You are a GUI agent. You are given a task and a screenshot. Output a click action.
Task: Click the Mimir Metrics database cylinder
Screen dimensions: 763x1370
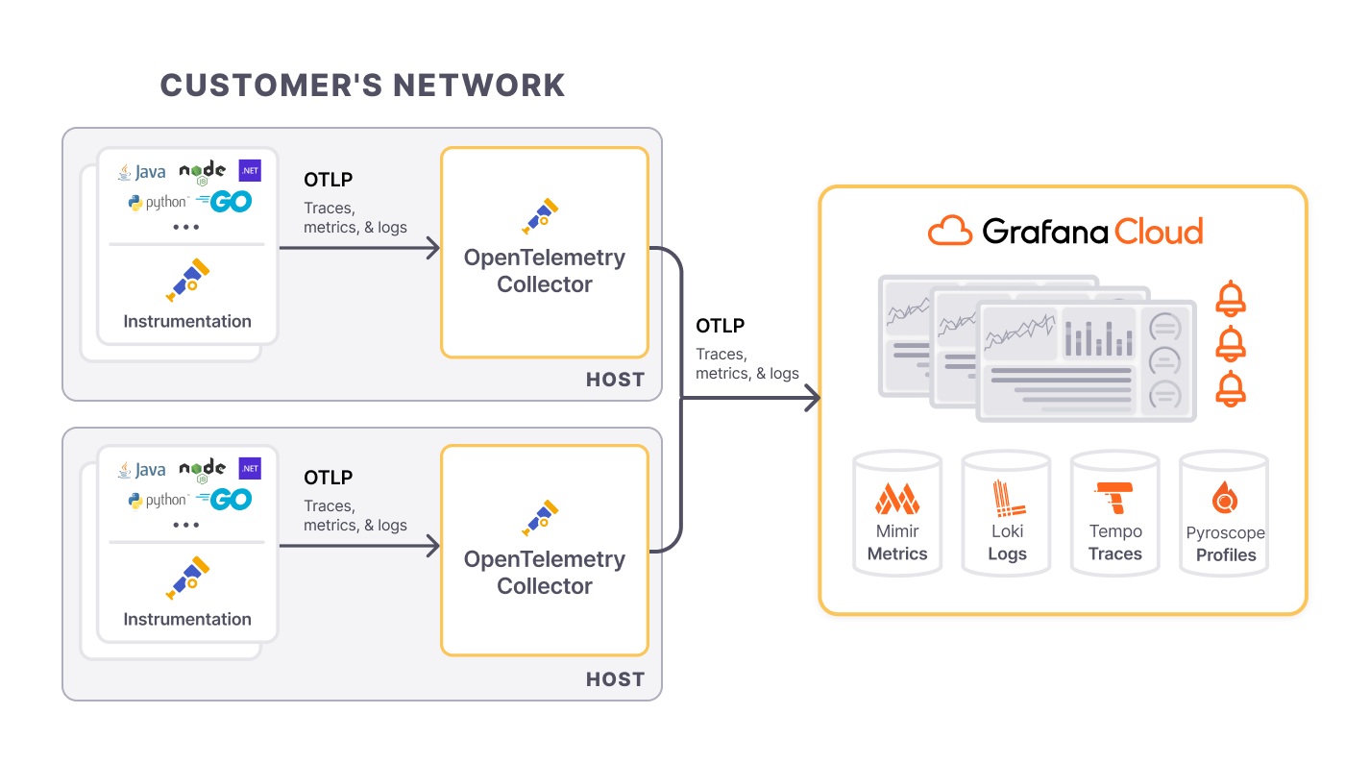[897, 514]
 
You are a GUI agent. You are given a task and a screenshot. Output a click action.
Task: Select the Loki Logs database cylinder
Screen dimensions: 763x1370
[1007, 514]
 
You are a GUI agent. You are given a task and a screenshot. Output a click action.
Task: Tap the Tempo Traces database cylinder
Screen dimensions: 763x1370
[1115, 514]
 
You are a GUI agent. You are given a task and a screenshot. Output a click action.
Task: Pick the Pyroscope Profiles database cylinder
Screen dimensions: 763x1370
[1224, 514]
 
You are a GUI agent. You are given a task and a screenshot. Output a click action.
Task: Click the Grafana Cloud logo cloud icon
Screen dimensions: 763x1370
[950, 232]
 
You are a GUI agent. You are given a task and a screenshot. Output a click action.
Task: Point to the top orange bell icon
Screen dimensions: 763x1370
[1231, 299]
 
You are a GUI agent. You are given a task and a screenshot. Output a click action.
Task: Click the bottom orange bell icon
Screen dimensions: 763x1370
[1231, 389]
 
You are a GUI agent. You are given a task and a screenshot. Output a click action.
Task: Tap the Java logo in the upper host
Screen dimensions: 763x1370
[141, 172]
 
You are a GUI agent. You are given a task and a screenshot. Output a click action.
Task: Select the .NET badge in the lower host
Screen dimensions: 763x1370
[250, 469]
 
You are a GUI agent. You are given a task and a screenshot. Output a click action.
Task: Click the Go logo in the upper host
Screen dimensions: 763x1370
[224, 202]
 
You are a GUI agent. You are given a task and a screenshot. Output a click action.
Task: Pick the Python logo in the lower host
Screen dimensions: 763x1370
[158, 500]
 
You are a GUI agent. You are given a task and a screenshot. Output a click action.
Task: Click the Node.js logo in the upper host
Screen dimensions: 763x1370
[202, 172]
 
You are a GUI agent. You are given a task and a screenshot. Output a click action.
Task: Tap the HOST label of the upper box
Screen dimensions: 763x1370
[615, 380]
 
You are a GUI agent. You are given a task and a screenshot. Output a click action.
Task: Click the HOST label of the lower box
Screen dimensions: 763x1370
[615, 679]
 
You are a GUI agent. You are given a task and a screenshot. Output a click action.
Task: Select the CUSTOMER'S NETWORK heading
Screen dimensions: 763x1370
[362, 85]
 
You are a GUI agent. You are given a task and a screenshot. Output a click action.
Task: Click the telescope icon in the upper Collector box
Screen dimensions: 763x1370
[540, 217]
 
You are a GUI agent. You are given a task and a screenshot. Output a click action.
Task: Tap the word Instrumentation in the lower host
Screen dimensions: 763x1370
[187, 619]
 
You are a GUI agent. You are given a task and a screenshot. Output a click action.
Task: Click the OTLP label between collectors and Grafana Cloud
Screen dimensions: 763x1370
[720, 326]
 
